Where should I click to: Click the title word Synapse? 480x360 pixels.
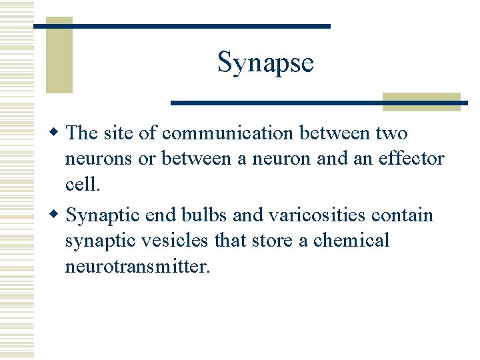point(265,63)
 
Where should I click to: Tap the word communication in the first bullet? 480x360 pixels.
point(228,133)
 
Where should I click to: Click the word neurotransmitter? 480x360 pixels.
point(137,267)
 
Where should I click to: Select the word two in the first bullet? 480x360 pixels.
point(391,133)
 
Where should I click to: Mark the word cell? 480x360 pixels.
point(82,184)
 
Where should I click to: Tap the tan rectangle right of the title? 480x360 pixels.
point(421,101)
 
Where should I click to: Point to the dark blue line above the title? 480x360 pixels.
point(182,25)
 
